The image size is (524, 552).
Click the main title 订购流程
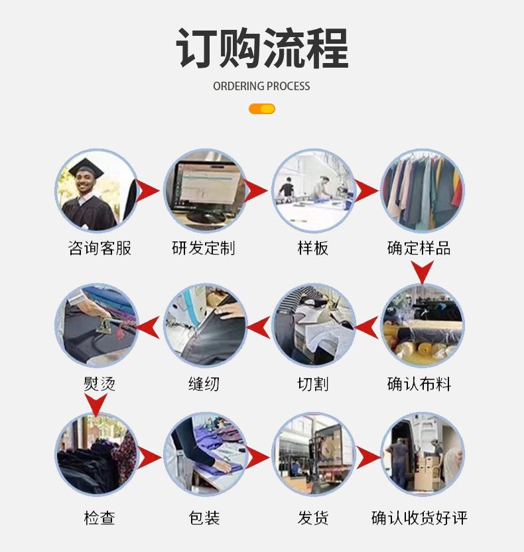262,48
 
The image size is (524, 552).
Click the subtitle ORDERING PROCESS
261,86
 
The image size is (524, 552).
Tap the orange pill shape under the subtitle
262,109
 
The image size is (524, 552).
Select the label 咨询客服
99,248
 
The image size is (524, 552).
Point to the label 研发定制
204,248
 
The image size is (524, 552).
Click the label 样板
313,248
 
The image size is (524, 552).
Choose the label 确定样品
419,248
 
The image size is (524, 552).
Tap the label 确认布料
419,383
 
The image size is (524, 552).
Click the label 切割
313,383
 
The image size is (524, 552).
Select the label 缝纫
204,383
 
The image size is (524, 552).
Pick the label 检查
99,518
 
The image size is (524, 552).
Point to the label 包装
204,518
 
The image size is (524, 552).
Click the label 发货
313,518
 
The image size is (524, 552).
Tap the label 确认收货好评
419,518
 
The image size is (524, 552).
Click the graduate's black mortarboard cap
86,168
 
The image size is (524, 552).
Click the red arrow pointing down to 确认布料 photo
423,272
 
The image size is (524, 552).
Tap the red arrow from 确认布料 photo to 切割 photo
367,327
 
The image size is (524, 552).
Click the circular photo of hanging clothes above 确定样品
423,190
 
